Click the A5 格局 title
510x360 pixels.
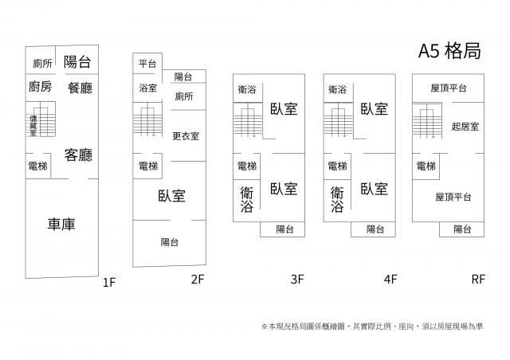point(449,52)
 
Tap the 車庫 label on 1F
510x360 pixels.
point(61,224)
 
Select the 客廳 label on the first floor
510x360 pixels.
point(80,154)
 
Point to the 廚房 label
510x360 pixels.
point(40,87)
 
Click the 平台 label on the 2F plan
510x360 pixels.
point(147,64)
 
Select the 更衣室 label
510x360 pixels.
point(185,135)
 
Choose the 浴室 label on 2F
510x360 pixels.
point(147,88)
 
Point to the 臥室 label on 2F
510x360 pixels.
point(171,195)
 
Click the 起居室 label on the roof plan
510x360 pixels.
point(464,126)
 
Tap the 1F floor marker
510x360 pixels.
point(109,282)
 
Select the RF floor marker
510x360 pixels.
point(478,280)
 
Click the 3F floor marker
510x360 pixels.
point(297,280)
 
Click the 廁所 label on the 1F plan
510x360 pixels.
point(42,64)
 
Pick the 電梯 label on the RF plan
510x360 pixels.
point(426,166)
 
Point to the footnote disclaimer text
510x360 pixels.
point(371,327)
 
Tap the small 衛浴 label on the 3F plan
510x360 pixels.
point(246,90)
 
